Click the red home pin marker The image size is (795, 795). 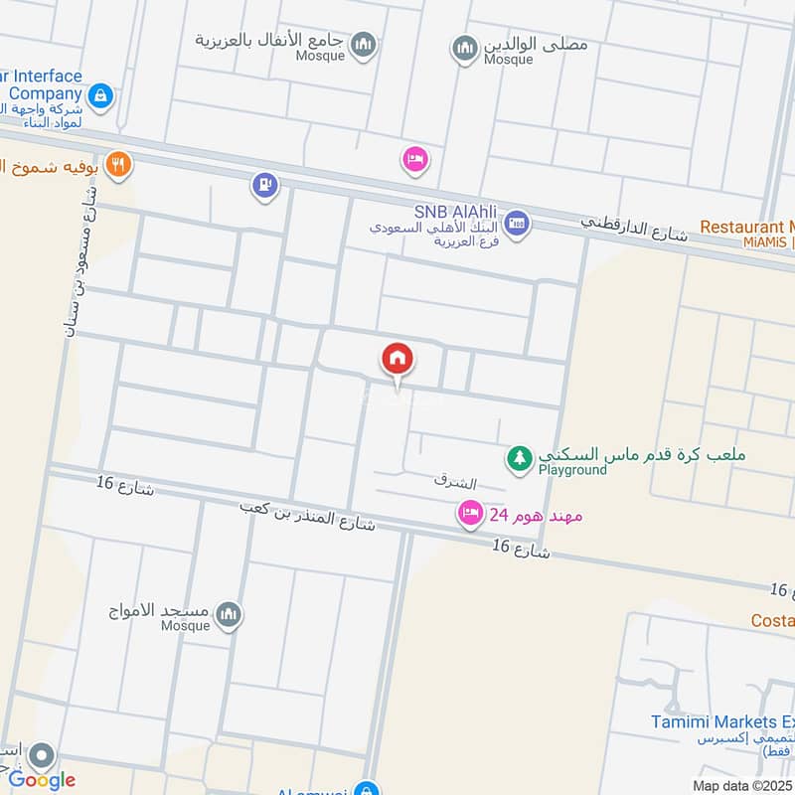(x=397, y=359)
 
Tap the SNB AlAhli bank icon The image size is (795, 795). (x=516, y=225)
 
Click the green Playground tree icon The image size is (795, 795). (x=518, y=458)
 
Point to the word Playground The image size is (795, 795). (x=572, y=470)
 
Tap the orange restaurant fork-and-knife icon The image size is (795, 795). (x=118, y=164)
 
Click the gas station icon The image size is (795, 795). (x=263, y=184)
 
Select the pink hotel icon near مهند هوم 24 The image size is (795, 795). (x=469, y=514)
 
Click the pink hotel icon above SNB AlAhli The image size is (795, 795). (x=414, y=159)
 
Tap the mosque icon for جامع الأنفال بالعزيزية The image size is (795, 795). (x=364, y=44)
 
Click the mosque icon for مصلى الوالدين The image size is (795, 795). (x=464, y=48)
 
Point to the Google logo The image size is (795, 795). (x=42, y=779)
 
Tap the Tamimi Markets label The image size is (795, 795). (x=722, y=722)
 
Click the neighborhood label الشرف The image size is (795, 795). (x=455, y=483)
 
